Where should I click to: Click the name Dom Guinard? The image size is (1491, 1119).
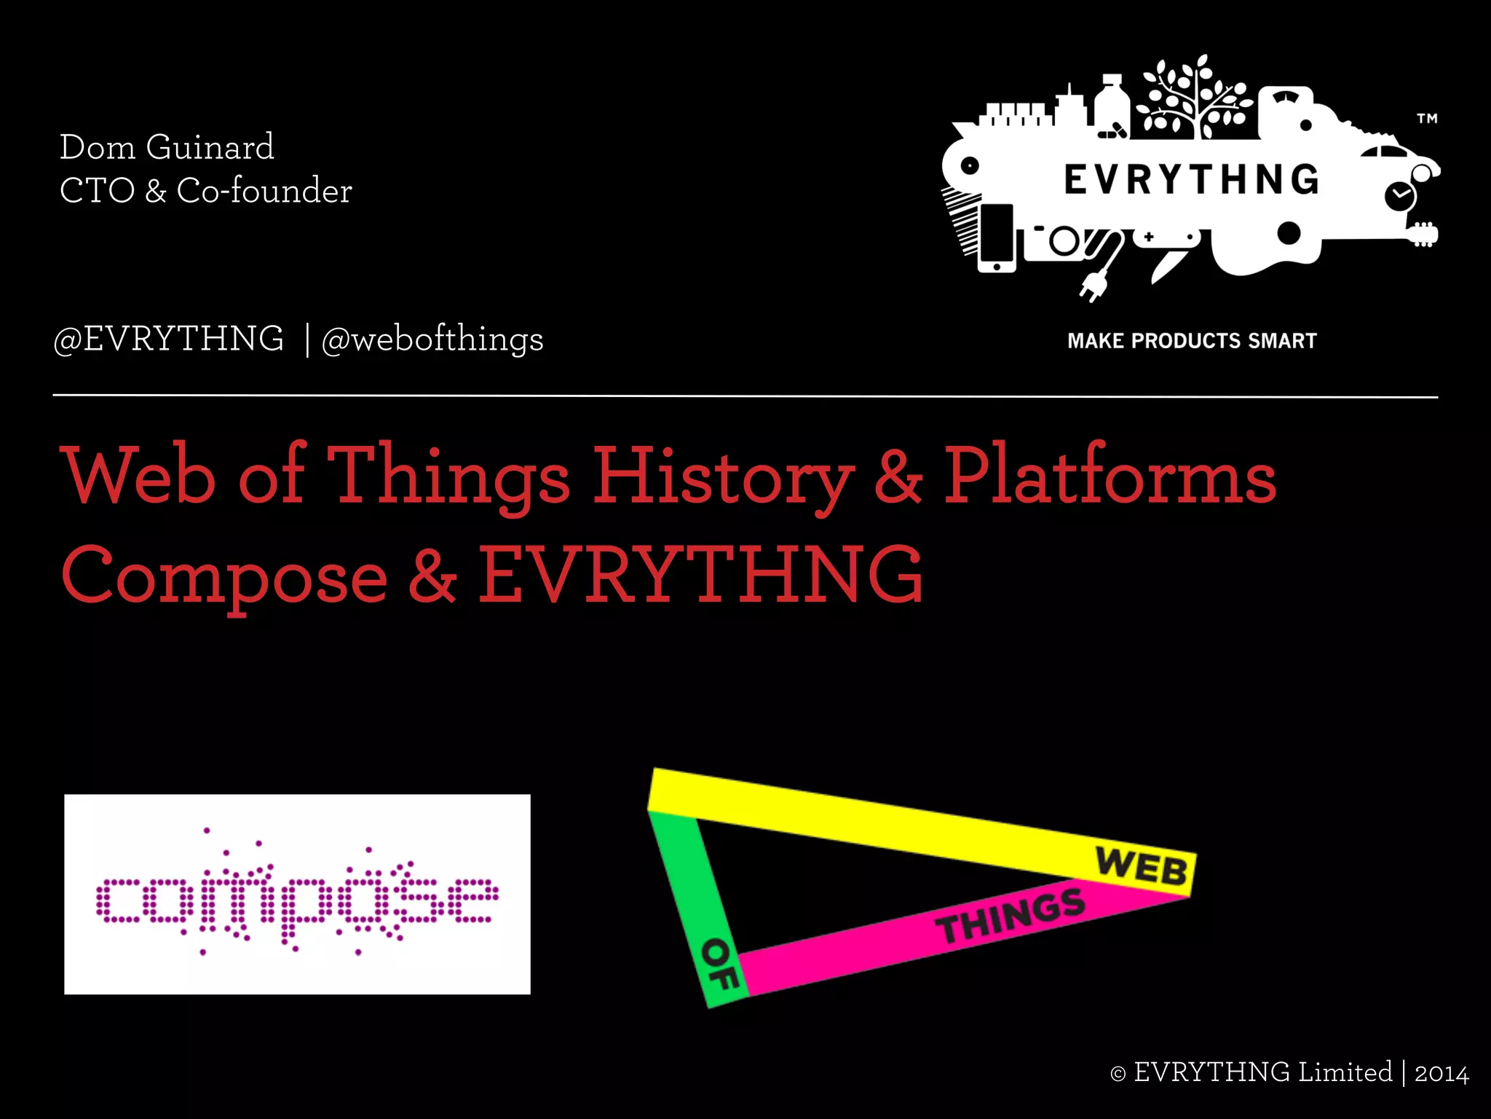click(167, 147)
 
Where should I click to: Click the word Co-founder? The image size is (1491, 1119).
click(264, 191)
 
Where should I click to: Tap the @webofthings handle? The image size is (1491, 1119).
click(432, 339)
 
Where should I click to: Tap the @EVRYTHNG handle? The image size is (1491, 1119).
click(169, 339)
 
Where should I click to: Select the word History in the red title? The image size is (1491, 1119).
click(723, 477)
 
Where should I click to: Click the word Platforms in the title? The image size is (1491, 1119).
click(1110, 477)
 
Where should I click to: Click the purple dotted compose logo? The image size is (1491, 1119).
click(297, 895)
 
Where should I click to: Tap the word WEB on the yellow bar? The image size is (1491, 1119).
click(1141, 867)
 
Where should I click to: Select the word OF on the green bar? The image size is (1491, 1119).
click(719, 964)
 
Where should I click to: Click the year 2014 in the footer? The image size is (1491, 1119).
click(1441, 1074)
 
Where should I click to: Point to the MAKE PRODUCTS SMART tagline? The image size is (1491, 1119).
click(1192, 341)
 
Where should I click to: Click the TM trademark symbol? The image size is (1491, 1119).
click(1427, 118)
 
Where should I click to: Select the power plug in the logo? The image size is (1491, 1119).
click(1093, 284)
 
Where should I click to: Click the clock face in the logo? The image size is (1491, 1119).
click(1399, 196)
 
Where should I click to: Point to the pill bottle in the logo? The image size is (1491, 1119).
click(1111, 106)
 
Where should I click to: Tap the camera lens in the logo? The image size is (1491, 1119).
click(1064, 241)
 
